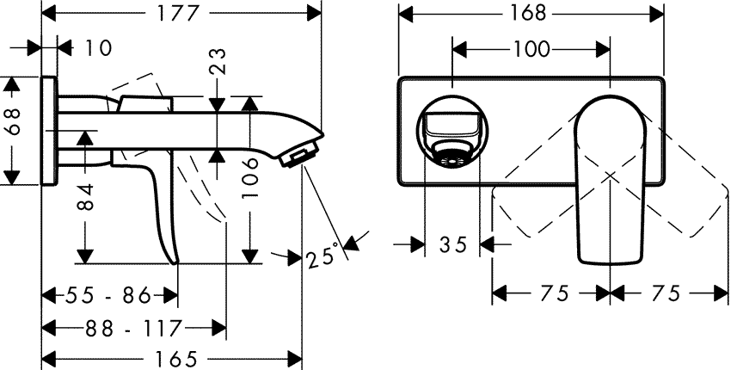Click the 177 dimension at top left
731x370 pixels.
[x=181, y=15]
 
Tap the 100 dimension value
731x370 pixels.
[x=531, y=49]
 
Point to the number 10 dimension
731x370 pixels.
[x=99, y=48]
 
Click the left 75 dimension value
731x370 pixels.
[x=555, y=293]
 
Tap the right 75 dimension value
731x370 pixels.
[x=666, y=293]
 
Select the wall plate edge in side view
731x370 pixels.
[x=50, y=129]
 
